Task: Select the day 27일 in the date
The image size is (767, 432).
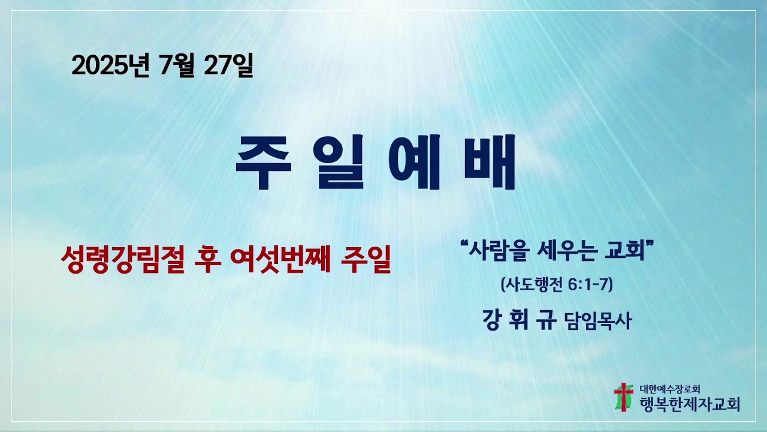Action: click(x=228, y=65)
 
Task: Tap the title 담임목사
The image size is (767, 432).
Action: click(x=597, y=322)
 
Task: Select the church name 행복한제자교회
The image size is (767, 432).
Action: click(x=689, y=404)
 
